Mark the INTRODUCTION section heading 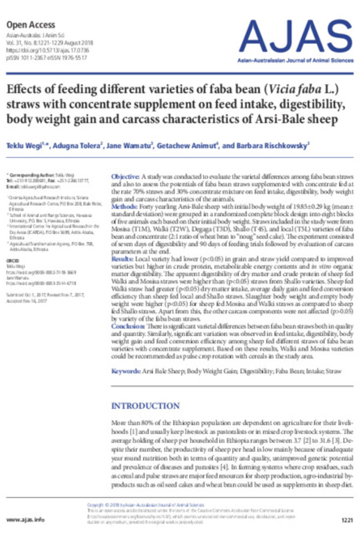[147, 406]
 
